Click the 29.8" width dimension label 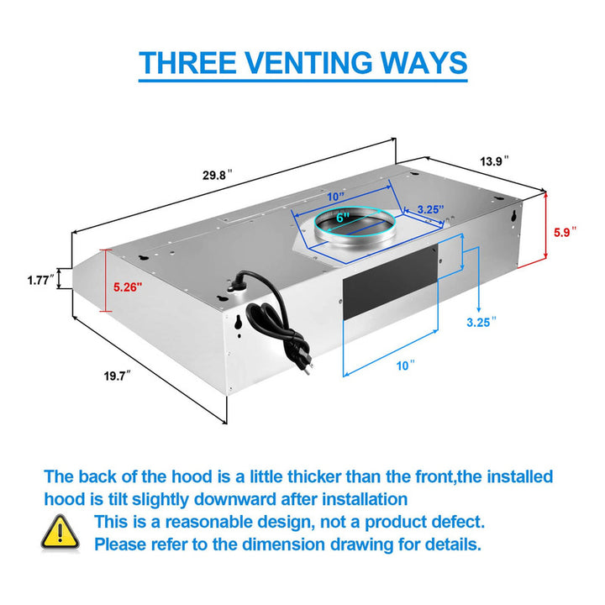click(218, 175)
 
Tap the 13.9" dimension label click(494, 160)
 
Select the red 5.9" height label click(565, 232)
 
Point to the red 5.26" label click(128, 287)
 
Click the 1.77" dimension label click(40, 280)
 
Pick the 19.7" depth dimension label click(118, 376)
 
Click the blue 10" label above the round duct click(335, 197)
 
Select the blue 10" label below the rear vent click(406, 366)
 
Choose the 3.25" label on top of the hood click(430, 209)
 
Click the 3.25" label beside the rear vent click(481, 322)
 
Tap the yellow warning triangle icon click(60, 532)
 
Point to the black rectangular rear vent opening click(390, 283)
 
